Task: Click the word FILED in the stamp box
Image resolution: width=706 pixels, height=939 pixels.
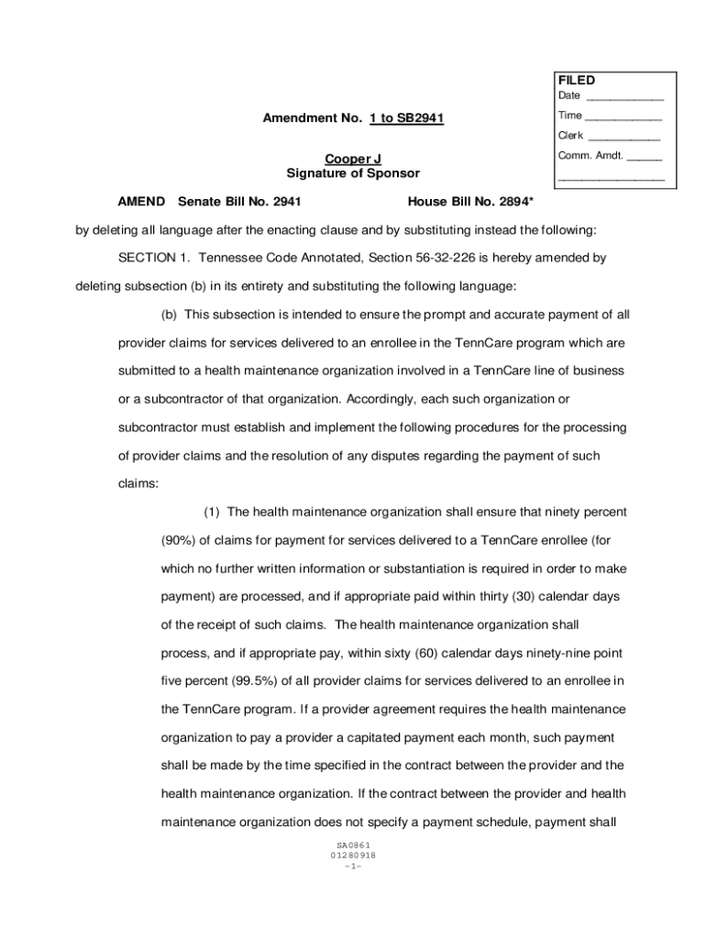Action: [576, 81]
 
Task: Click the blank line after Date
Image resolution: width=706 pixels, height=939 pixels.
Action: [624, 97]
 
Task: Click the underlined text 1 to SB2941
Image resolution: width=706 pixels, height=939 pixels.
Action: [407, 118]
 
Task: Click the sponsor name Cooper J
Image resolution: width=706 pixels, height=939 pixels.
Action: [353, 160]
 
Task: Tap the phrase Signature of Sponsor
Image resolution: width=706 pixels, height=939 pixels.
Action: [353, 173]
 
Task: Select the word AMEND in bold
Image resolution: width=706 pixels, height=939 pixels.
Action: [141, 201]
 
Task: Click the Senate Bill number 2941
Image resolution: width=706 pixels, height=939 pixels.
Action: [286, 201]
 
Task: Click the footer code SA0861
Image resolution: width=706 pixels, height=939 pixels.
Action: [353, 845]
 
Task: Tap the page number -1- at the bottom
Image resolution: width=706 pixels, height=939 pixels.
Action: [353, 866]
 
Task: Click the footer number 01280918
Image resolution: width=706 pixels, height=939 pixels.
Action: [353, 856]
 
